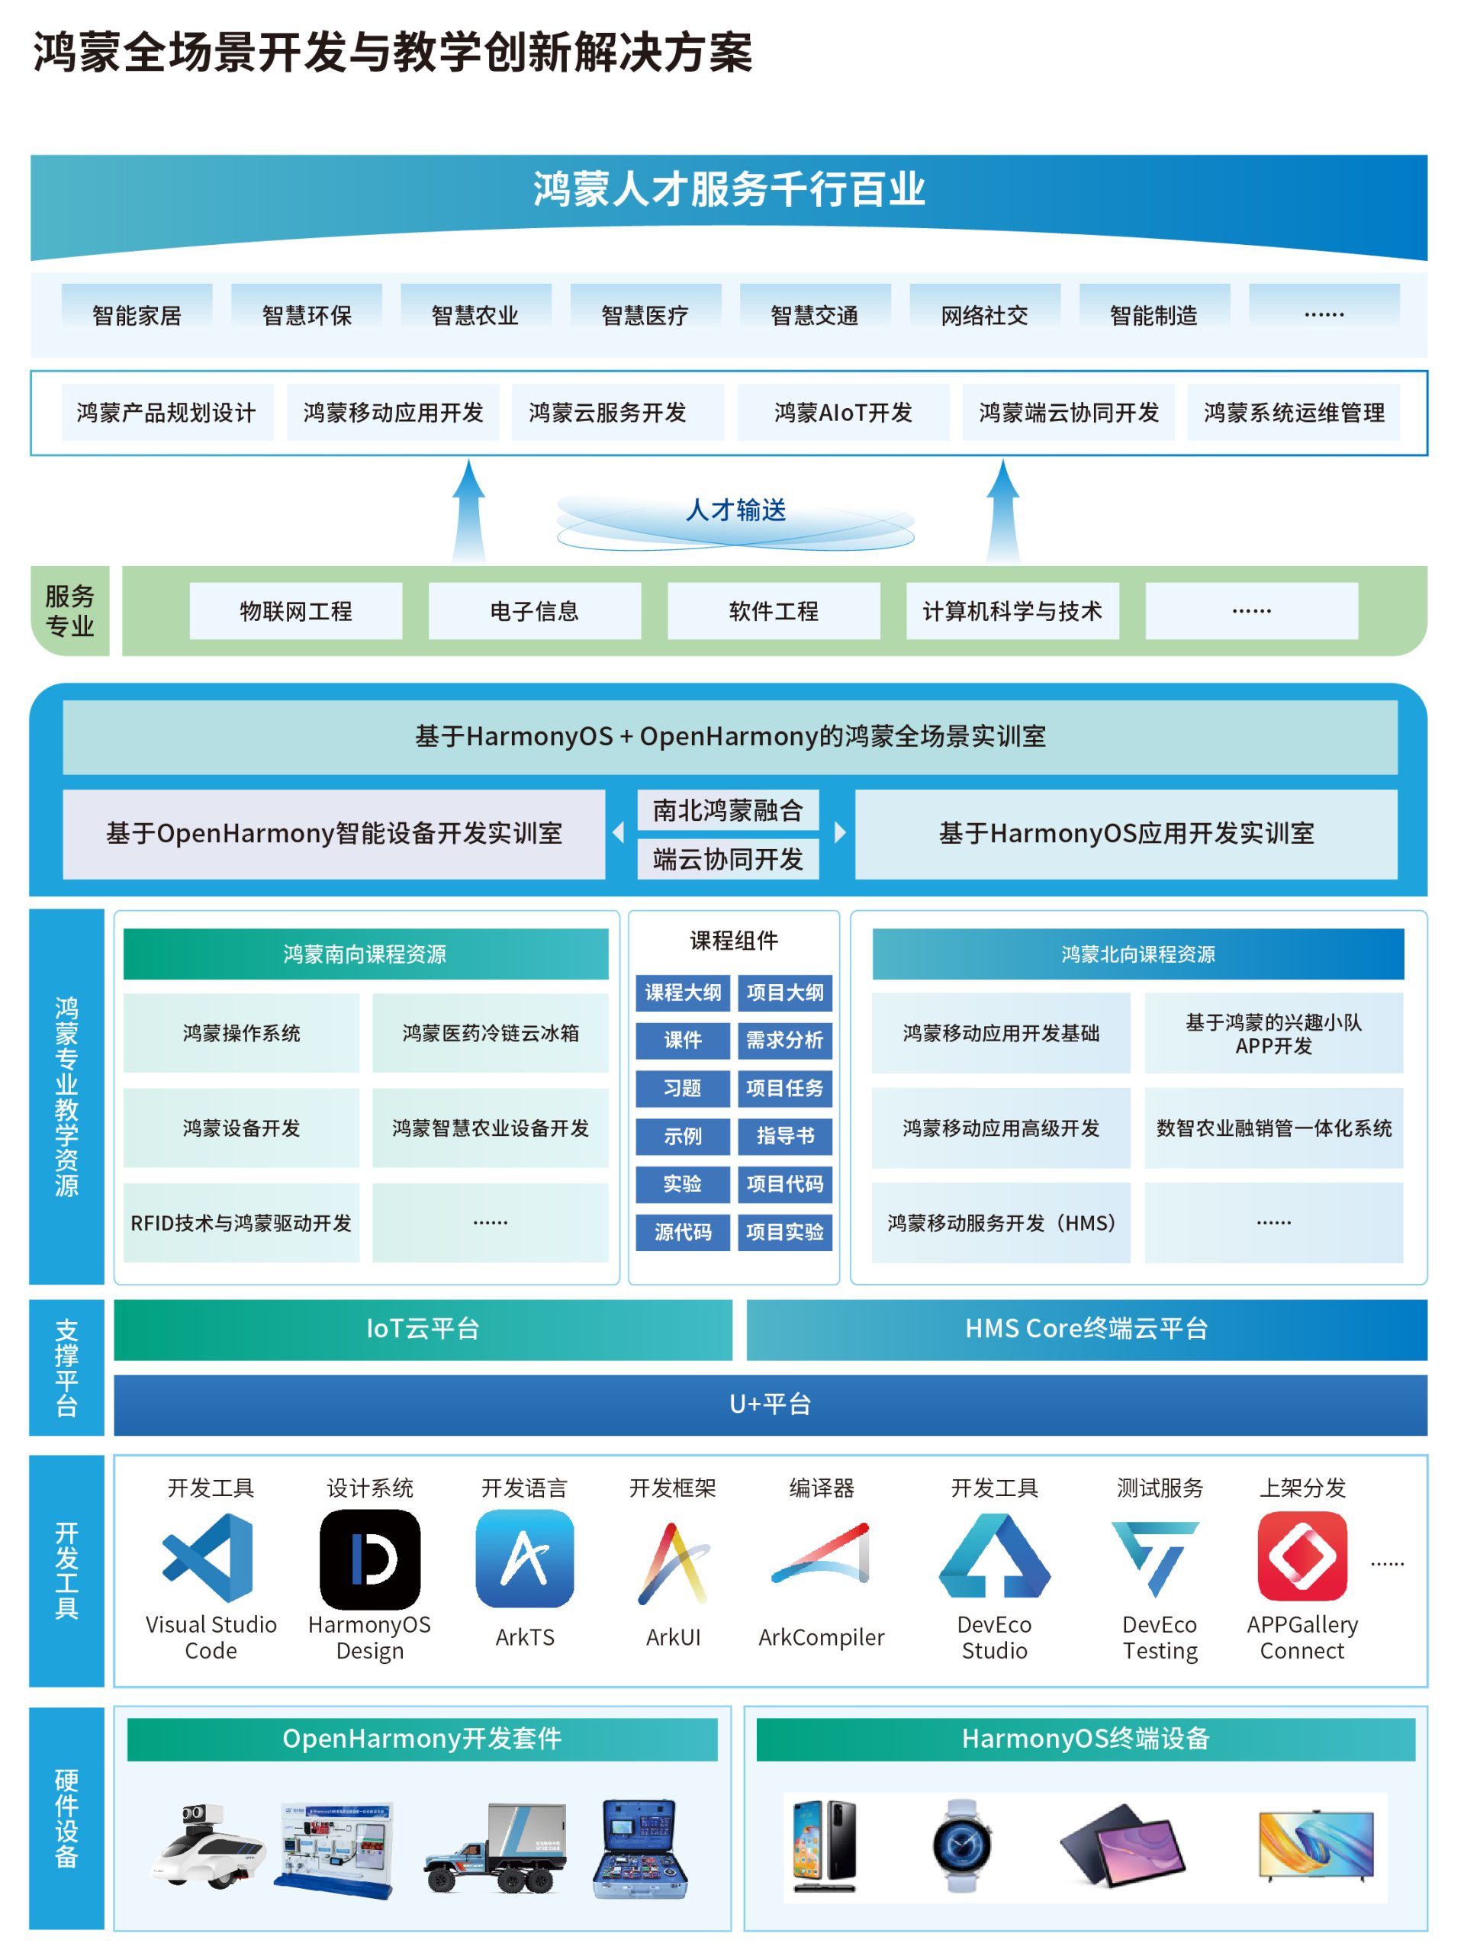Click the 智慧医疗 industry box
pos(645,315)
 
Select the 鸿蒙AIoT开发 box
pos(842,412)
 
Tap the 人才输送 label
pos(735,510)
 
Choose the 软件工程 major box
pos(774,611)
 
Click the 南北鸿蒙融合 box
pos(728,809)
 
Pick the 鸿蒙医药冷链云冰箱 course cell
pos(490,1033)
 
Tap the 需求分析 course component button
pos(784,1040)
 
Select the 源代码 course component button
pos(683,1231)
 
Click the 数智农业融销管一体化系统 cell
pos(1273,1128)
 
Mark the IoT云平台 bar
pos(423,1329)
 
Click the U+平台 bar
pos(770,1404)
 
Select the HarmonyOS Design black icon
pos(370,1559)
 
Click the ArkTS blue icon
pos(525,1559)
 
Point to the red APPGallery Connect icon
pos(1302,1556)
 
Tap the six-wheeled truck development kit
pos(494,1848)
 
